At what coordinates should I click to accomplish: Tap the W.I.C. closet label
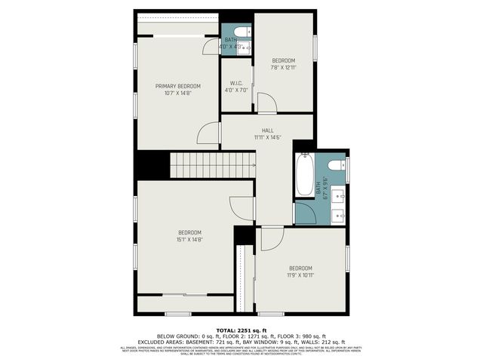[x=235, y=84]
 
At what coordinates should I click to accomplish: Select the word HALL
[x=267, y=130]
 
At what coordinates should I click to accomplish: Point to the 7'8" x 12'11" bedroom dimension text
[x=283, y=67]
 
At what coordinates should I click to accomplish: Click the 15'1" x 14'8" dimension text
[x=189, y=239]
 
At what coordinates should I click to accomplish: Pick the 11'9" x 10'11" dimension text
[x=300, y=275]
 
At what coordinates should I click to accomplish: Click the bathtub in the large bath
[x=303, y=175]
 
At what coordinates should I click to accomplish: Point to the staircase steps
[x=212, y=164]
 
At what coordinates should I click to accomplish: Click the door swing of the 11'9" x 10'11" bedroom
[x=272, y=239]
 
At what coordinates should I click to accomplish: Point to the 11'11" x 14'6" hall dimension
[x=267, y=137]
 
